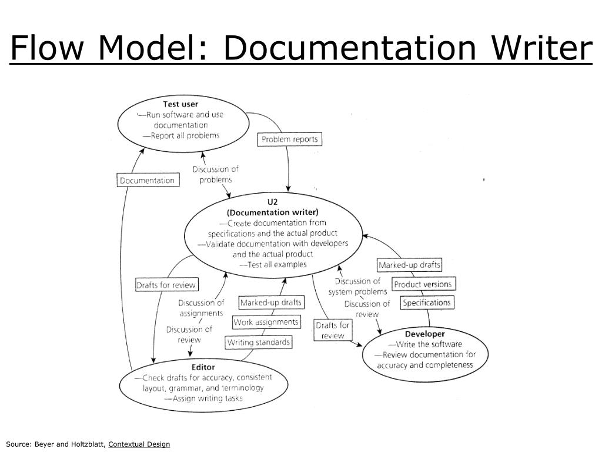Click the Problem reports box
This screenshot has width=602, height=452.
(x=289, y=139)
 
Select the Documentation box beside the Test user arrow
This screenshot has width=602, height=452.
(x=148, y=180)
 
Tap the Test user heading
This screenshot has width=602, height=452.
(x=180, y=104)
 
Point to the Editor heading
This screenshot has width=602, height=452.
(x=203, y=367)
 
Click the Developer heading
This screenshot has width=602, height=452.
(x=424, y=334)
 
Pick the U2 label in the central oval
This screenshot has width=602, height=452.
(x=273, y=202)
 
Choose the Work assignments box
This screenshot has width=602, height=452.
(x=266, y=322)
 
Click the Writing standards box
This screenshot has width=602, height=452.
(x=259, y=342)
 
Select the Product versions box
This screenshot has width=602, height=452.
(x=423, y=284)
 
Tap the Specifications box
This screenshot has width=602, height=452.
(x=427, y=303)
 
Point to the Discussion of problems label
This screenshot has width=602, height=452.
(x=215, y=174)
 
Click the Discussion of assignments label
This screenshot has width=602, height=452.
(x=201, y=308)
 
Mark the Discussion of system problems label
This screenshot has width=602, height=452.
(x=357, y=287)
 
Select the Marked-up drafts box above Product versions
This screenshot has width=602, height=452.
(x=409, y=265)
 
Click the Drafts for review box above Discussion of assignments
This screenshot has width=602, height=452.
(x=166, y=285)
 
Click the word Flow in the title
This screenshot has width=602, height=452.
(x=46, y=47)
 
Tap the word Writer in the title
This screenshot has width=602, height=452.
(x=542, y=47)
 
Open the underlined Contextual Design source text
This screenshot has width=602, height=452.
(x=139, y=444)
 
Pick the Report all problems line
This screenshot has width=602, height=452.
(x=181, y=135)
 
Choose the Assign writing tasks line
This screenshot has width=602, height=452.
(x=203, y=398)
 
